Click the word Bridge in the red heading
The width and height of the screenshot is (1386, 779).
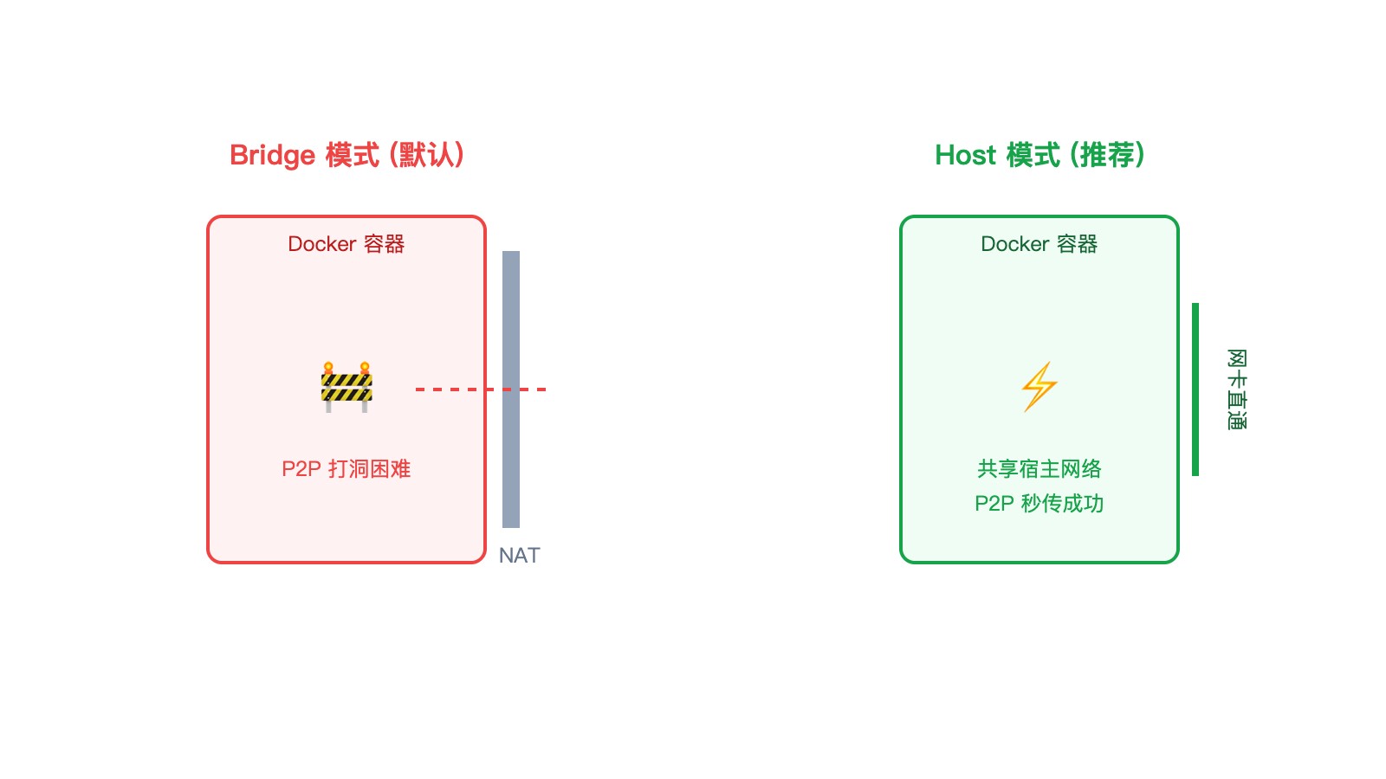click(272, 156)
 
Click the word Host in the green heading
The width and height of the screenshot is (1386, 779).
click(965, 156)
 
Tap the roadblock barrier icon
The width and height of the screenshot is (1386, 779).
click(346, 387)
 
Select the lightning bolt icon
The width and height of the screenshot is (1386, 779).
click(1039, 386)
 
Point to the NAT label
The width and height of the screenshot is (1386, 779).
click(519, 556)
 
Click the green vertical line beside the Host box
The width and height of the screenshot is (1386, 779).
click(1195, 389)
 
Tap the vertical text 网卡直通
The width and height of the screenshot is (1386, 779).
click(1237, 389)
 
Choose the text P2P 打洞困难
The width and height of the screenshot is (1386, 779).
click(346, 469)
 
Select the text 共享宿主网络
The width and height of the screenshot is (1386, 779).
click(1039, 469)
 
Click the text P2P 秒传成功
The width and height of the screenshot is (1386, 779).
click(1039, 504)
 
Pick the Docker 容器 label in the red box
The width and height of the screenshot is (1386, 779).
click(346, 244)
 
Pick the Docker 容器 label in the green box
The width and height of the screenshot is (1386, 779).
click(1039, 244)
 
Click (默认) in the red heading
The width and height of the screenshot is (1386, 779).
click(427, 156)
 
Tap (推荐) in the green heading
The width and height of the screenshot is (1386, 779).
click(1108, 156)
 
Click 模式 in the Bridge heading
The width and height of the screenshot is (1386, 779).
click(353, 156)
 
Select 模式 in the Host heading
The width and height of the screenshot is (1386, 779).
click(1033, 156)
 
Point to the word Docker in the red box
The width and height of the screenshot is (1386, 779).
click(322, 244)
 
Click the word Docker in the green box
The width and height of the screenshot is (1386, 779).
click(1015, 244)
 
